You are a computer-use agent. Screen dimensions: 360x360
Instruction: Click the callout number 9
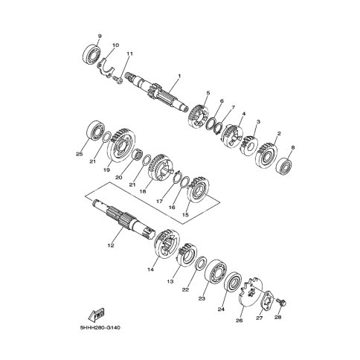click(100, 36)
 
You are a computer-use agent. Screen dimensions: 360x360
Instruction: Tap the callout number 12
click(111, 245)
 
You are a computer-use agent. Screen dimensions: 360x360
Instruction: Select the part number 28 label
click(278, 317)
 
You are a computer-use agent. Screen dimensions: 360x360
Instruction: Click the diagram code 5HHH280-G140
click(100, 328)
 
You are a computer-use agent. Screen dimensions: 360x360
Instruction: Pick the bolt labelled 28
click(281, 302)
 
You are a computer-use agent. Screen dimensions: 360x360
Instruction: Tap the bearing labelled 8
click(284, 166)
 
